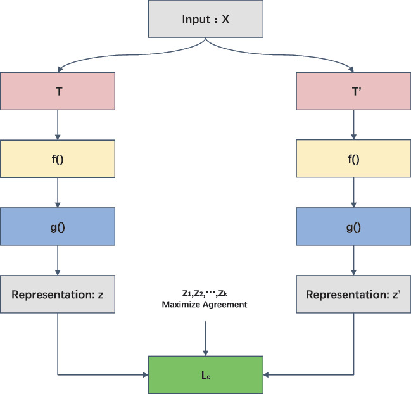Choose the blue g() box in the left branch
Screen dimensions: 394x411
click(x=58, y=227)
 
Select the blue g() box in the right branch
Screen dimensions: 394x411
click(x=352, y=227)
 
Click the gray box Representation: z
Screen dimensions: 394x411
click(x=58, y=295)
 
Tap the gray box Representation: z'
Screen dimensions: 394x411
click(x=352, y=295)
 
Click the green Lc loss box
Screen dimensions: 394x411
click(x=205, y=374)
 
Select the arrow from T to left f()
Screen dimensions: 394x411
click(x=58, y=124)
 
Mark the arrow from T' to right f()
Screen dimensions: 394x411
click(x=352, y=124)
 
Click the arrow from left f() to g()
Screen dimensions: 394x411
click(x=58, y=193)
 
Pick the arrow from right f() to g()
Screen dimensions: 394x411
click(x=352, y=193)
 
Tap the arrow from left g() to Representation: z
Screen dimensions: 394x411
click(x=58, y=260)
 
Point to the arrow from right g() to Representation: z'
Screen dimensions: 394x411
click(x=352, y=260)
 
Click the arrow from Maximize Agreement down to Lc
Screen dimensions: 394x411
click(x=205, y=336)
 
